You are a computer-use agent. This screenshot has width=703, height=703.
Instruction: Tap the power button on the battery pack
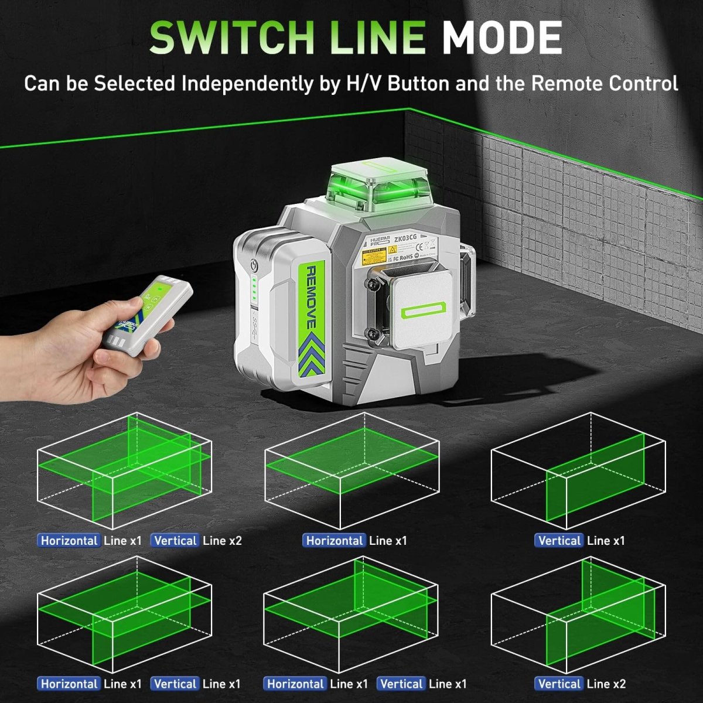pos(253,265)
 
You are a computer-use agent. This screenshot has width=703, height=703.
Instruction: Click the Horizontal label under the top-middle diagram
pos(335,540)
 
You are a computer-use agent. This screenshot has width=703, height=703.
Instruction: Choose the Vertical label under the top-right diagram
pos(559,540)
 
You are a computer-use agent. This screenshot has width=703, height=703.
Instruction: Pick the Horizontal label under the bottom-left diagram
pos(69,684)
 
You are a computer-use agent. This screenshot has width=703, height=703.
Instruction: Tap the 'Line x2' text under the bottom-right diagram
pos(606,684)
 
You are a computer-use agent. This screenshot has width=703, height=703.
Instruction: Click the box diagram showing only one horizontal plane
pos(351,469)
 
